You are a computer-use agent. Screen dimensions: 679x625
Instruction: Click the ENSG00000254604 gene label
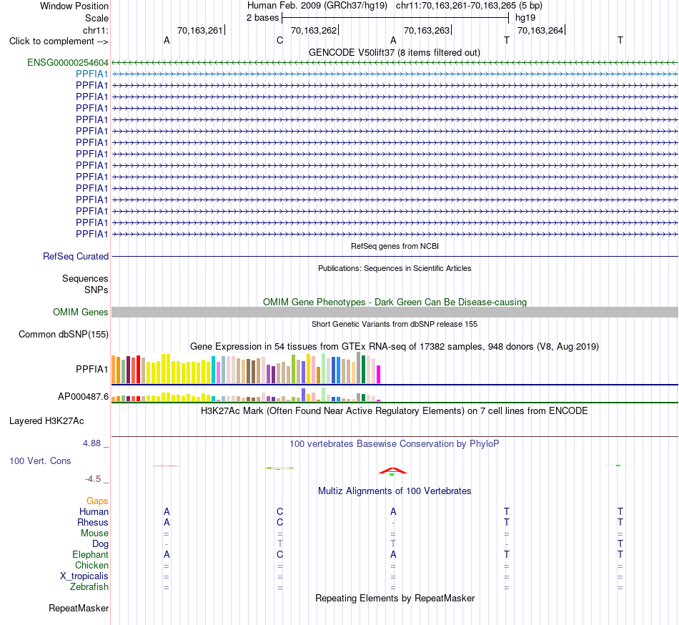pos(68,62)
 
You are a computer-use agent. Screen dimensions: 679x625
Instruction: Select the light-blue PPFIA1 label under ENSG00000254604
pos(91,74)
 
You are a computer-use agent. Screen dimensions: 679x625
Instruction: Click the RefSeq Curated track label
pos(76,257)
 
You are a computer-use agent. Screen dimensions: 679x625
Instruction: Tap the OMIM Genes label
pos(81,312)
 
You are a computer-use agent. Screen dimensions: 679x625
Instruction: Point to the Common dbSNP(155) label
pos(64,335)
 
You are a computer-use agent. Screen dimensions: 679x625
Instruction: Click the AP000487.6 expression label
pos(83,396)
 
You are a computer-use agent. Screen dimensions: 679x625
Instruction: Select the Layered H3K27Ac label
pos(46,421)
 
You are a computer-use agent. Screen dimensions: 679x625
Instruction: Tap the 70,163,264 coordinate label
pos(540,30)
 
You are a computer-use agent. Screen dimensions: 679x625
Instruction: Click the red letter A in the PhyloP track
pos(393,471)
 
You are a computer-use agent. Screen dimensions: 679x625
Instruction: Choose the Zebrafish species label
pos(89,587)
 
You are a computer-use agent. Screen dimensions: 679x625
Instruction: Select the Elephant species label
pos(91,554)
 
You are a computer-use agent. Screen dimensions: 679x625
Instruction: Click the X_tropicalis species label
pos(84,576)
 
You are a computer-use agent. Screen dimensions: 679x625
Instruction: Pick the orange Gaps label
pos(97,501)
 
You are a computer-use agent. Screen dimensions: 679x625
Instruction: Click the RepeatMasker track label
pos(79,608)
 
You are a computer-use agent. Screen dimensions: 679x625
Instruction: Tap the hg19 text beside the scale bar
pos(525,18)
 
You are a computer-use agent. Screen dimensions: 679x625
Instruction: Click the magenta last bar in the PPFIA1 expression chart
pos(379,375)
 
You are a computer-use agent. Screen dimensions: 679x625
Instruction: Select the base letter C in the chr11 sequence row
pos(279,41)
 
